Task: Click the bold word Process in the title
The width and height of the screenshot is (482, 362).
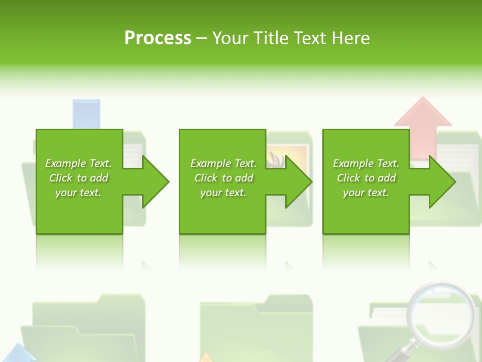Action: [x=158, y=38]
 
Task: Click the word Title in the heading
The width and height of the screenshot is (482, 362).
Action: [x=270, y=38]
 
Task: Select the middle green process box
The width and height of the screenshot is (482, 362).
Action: [x=222, y=211]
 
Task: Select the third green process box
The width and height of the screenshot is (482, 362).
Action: [x=366, y=211]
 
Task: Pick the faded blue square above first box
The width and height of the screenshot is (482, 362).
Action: [x=86, y=113]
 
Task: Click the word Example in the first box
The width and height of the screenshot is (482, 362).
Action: [x=65, y=163]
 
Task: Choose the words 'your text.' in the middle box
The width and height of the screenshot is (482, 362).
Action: [x=223, y=193]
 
